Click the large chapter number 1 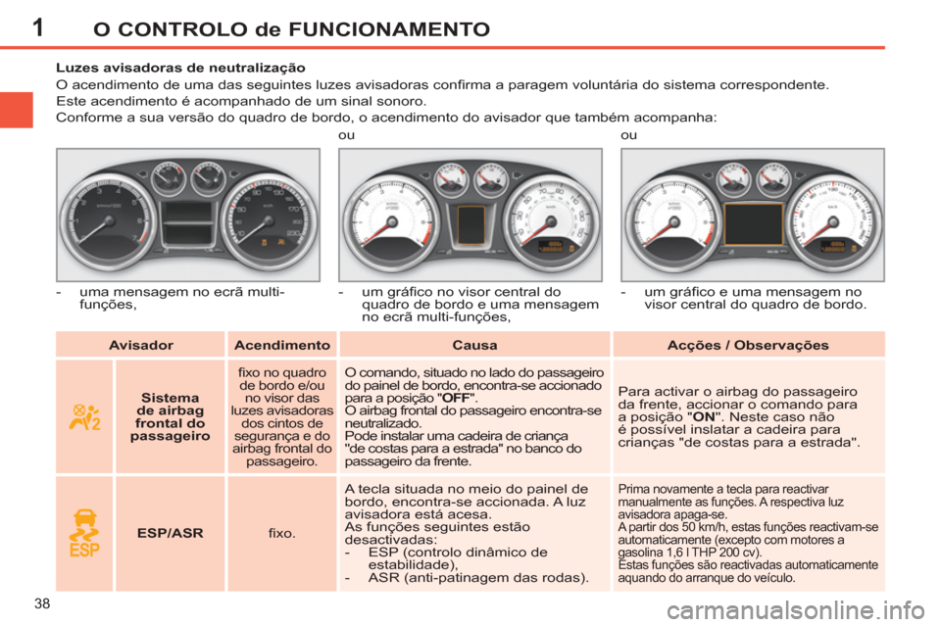coord(37,25)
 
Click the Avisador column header coord(140,345)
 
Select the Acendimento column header coord(281,345)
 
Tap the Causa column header coord(474,345)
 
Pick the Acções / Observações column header coord(748,345)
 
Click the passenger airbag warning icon coord(83,416)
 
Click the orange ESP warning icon coord(83,533)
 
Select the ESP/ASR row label coord(170,533)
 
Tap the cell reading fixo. coord(281,533)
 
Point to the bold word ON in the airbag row coord(703,415)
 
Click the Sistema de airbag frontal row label coord(170,416)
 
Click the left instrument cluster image coord(187,215)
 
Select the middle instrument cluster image coord(470,215)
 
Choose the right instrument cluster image coord(752,215)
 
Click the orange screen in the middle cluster coord(470,224)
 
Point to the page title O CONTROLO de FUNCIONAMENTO coord(290,28)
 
